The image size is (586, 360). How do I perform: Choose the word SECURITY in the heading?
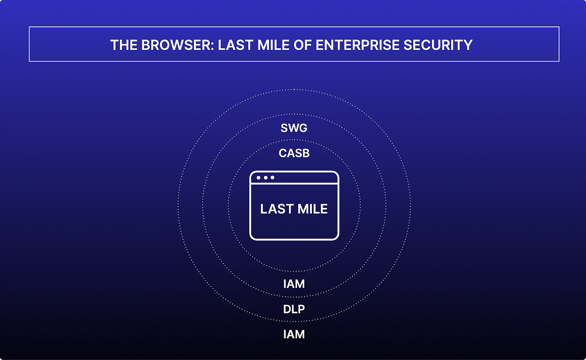click(440, 45)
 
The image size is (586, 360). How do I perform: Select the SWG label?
click(294, 129)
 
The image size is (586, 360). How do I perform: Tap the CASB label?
click(294, 153)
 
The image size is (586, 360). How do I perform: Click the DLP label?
click(294, 309)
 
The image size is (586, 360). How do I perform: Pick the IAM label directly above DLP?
click(294, 284)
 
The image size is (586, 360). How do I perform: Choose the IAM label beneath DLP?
click(294, 334)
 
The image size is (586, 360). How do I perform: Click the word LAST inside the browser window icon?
click(275, 209)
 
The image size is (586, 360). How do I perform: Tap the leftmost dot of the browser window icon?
click(258, 177)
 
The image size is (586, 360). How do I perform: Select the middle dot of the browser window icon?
click(265, 177)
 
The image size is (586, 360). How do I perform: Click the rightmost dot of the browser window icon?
click(272, 177)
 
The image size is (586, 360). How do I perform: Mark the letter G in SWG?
click(303, 129)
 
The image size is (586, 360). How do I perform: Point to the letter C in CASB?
click(283, 153)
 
